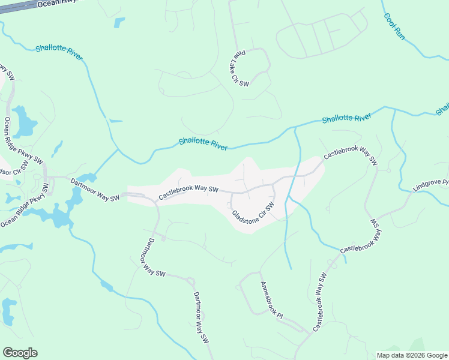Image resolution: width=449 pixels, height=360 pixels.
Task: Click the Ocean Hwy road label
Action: point(53,4)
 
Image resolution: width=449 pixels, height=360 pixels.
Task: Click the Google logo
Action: point(20,353)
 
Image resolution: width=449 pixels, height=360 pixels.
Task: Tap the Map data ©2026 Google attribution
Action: point(411,355)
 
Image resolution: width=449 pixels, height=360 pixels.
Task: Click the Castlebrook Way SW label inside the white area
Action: point(187,192)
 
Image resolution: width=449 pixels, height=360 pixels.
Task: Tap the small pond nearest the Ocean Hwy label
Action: point(119,22)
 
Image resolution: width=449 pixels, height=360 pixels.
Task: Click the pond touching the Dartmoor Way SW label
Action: point(86,178)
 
